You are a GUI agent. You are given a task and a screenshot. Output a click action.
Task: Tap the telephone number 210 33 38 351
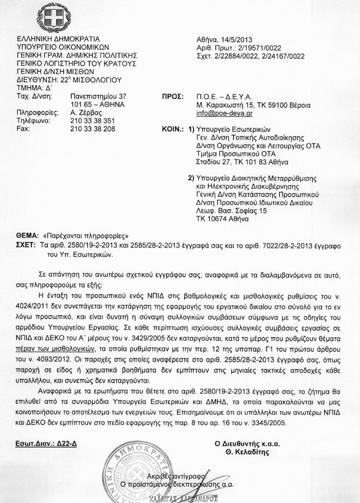point(93,120)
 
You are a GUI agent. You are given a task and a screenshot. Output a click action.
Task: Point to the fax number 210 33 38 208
point(93,129)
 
